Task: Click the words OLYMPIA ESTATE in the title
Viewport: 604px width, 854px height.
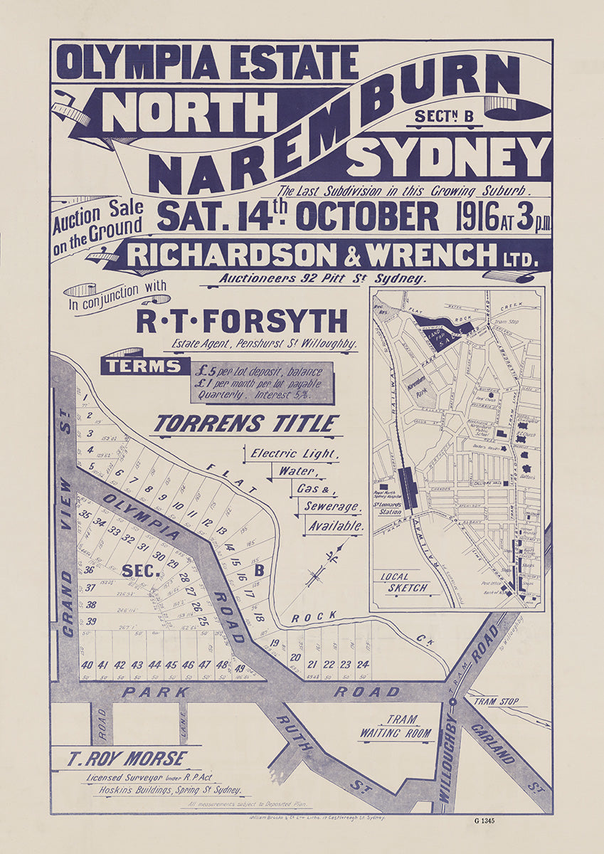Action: tap(207, 62)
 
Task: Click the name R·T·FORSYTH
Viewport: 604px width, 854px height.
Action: tap(243, 321)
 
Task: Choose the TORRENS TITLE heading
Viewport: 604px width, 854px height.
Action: tap(246, 424)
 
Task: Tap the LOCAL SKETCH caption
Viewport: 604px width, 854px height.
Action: tap(404, 582)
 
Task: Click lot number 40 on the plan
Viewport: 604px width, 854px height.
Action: tap(87, 665)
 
